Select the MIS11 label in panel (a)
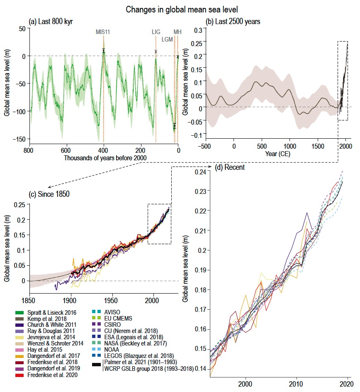[x=104, y=32]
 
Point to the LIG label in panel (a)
[x=156, y=32]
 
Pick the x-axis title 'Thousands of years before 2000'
[x=103, y=158]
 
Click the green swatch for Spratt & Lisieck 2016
[x=19, y=313]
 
